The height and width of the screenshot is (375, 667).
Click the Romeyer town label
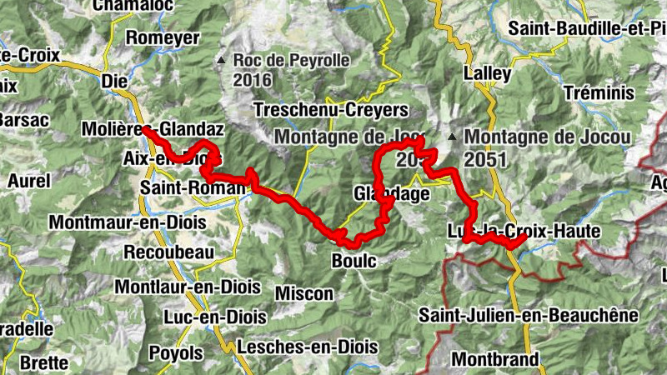(x=163, y=37)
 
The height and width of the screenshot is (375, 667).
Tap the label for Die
(x=113, y=82)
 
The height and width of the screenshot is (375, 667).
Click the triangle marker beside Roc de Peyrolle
(x=221, y=61)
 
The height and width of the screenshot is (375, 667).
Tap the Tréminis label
(x=598, y=92)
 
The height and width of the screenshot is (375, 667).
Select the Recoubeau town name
(x=168, y=252)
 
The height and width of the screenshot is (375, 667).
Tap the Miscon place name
(x=303, y=294)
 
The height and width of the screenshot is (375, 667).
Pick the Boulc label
(x=354, y=261)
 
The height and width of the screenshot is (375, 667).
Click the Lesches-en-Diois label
(x=302, y=346)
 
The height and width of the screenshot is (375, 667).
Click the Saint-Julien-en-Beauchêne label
(x=529, y=315)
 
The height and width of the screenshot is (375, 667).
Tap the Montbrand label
(x=496, y=359)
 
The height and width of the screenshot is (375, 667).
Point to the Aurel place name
(x=29, y=181)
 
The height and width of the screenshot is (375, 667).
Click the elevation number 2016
(x=254, y=80)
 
